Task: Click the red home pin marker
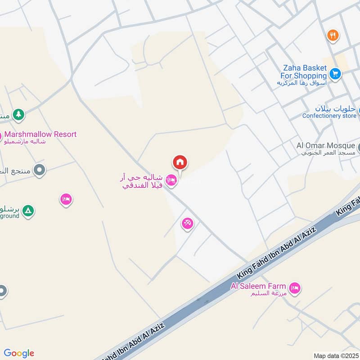180,162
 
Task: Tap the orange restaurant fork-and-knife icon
333,35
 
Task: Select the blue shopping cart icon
335,73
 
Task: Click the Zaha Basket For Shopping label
304,72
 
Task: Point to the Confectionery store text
329,116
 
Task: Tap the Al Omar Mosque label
325,145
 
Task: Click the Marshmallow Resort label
40,134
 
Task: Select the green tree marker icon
18,115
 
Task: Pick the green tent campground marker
28,211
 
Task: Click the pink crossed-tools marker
188,223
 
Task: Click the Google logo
19,353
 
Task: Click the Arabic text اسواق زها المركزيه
301,83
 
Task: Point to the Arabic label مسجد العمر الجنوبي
329,153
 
